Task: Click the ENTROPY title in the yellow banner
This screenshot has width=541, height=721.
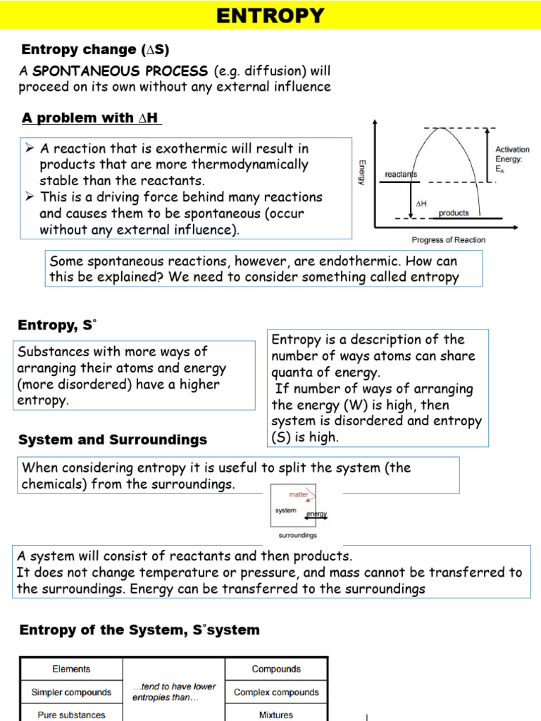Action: tap(270, 15)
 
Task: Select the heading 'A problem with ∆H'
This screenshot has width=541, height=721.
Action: tap(92, 118)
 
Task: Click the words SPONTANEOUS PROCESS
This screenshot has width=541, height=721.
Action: tap(120, 72)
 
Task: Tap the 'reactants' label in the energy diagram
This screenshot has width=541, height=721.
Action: tap(401, 174)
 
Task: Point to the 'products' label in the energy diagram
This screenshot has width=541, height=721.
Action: tap(454, 213)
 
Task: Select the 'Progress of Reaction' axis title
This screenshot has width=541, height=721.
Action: tap(448, 240)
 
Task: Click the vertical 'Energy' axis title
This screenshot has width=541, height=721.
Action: tap(362, 173)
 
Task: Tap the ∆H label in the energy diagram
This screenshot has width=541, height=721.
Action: tap(421, 203)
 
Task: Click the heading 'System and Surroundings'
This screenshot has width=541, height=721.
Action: tap(113, 440)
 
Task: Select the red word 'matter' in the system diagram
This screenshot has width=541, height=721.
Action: tap(299, 494)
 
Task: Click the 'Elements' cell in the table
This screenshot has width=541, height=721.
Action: tap(71, 669)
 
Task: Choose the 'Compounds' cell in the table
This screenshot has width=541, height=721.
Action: tap(276, 669)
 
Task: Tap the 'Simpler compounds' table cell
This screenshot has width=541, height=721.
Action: tap(71, 692)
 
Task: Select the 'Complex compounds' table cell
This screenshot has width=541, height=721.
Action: tap(276, 692)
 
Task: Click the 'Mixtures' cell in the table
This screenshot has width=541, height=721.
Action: tap(276, 714)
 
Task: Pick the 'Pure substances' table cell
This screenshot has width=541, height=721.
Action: tap(71, 714)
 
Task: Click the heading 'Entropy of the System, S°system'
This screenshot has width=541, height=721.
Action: tap(139, 630)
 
